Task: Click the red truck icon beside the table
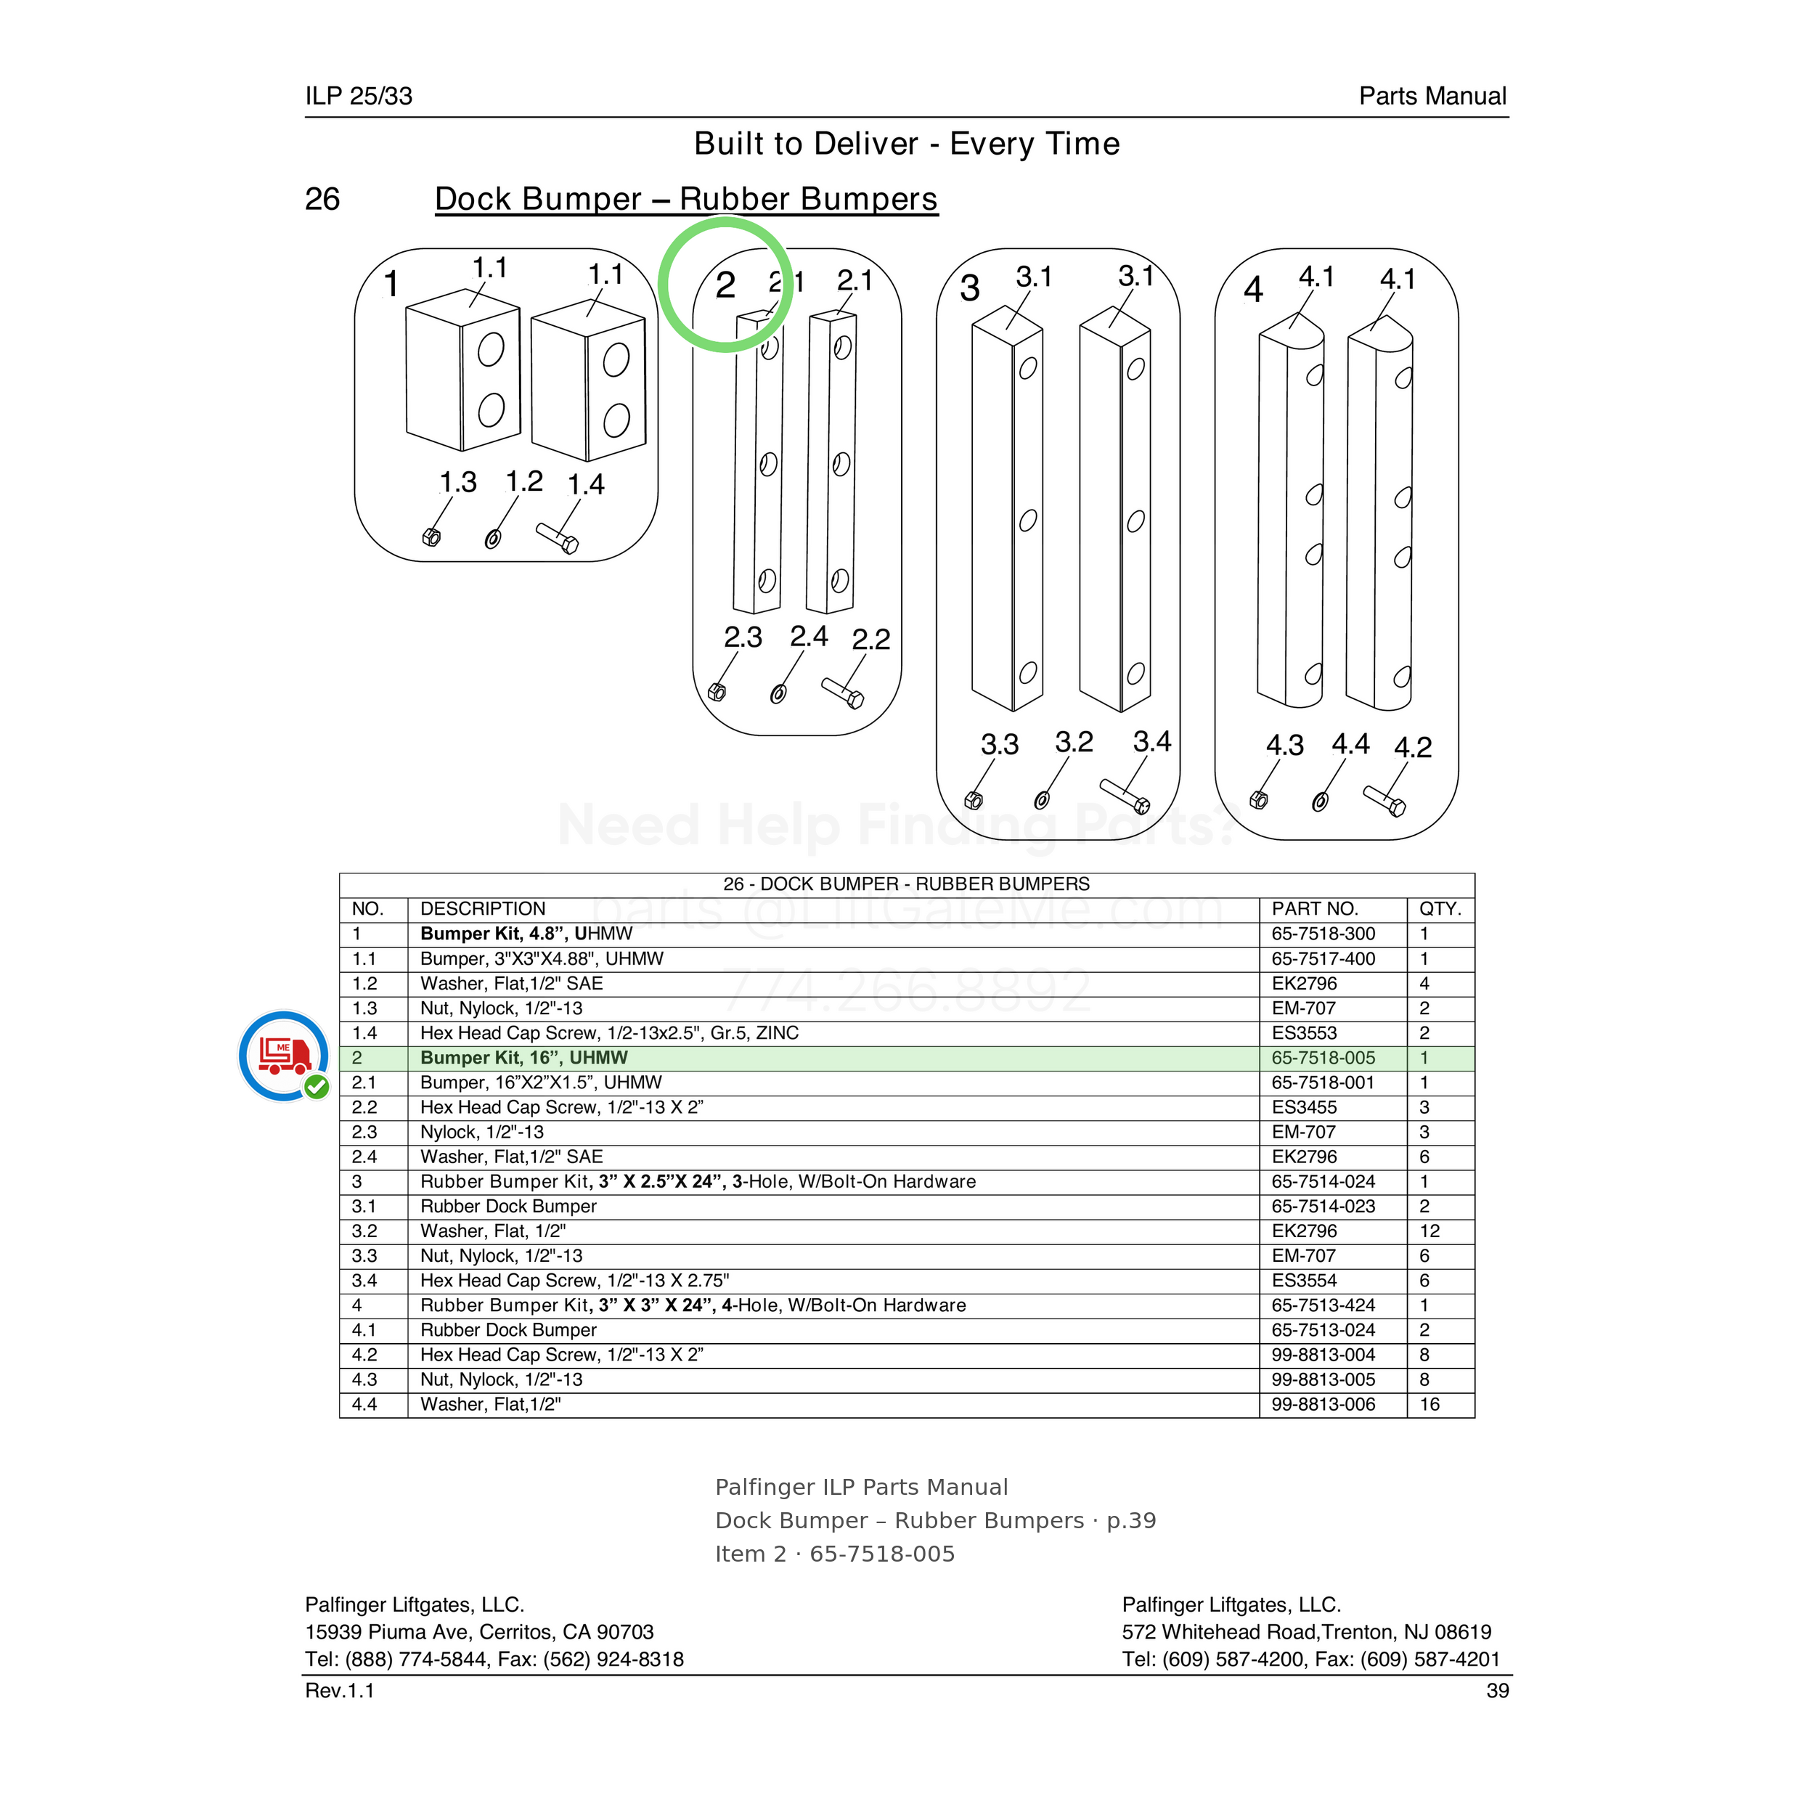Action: click(x=285, y=1055)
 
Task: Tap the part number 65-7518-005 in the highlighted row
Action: click(x=1323, y=1058)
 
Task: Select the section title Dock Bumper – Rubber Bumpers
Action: click(x=686, y=199)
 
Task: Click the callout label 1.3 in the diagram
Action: click(x=458, y=483)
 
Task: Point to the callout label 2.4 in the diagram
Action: click(x=809, y=637)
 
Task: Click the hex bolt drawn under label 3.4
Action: click(x=1125, y=796)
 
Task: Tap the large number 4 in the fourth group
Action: click(x=1253, y=290)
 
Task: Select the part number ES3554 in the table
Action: click(x=1304, y=1281)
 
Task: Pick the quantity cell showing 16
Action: click(x=1429, y=1405)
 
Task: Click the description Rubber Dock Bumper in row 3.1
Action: click(x=508, y=1206)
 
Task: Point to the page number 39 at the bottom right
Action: click(x=1498, y=1691)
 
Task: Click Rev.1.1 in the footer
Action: click(x=339, y=1691)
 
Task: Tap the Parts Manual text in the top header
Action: click(x=1432, y=96)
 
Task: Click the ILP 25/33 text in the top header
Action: click(x=359, y=96)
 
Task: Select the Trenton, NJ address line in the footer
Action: click(x=1307, y=1632)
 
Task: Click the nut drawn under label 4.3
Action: click(x=1259, y=800)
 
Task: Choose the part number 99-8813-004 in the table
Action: click(x=1323, y=1355)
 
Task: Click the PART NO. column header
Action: click(x=1314, y=908)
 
